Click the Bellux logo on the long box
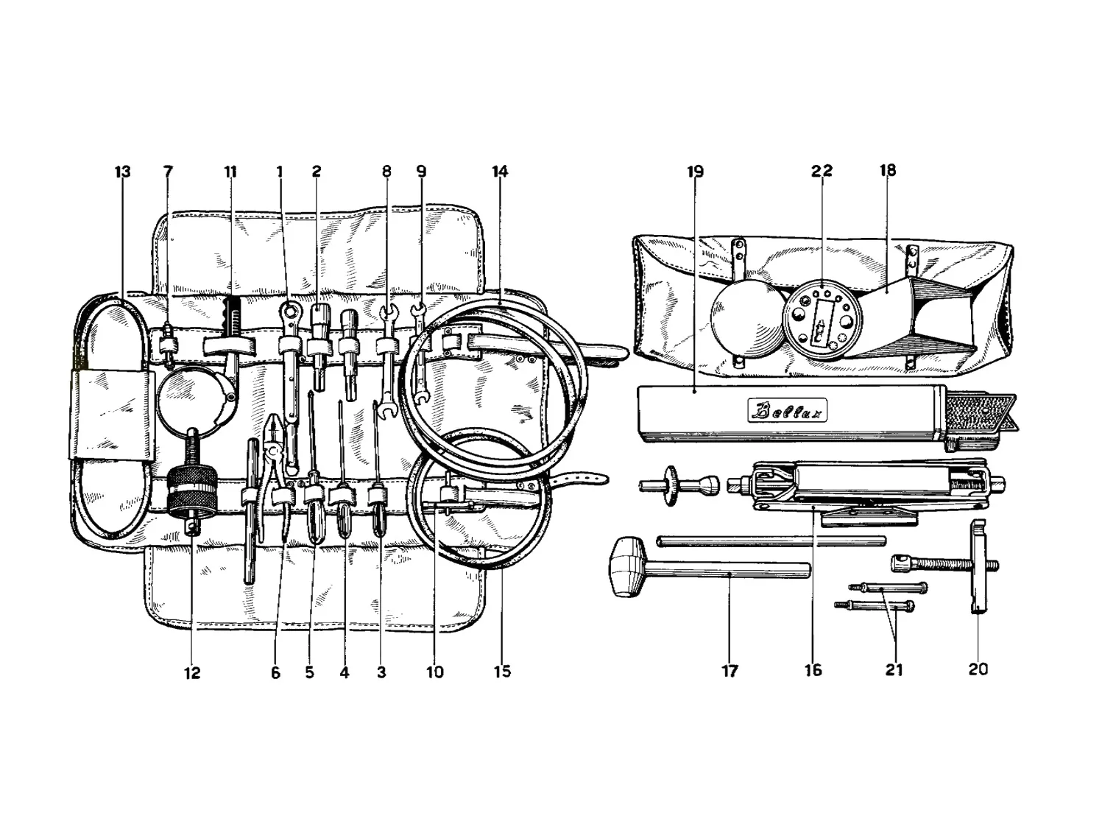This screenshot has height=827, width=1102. (x=787, y=411)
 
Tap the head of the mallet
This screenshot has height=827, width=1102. (x=627, y=566)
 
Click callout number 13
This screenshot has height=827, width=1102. (x=122, y=172)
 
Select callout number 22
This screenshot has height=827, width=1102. (x=822, y=171)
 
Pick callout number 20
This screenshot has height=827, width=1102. (x=978, y=669)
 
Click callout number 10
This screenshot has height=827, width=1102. (x=435, y=672)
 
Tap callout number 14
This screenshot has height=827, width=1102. (x=500, y=172)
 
